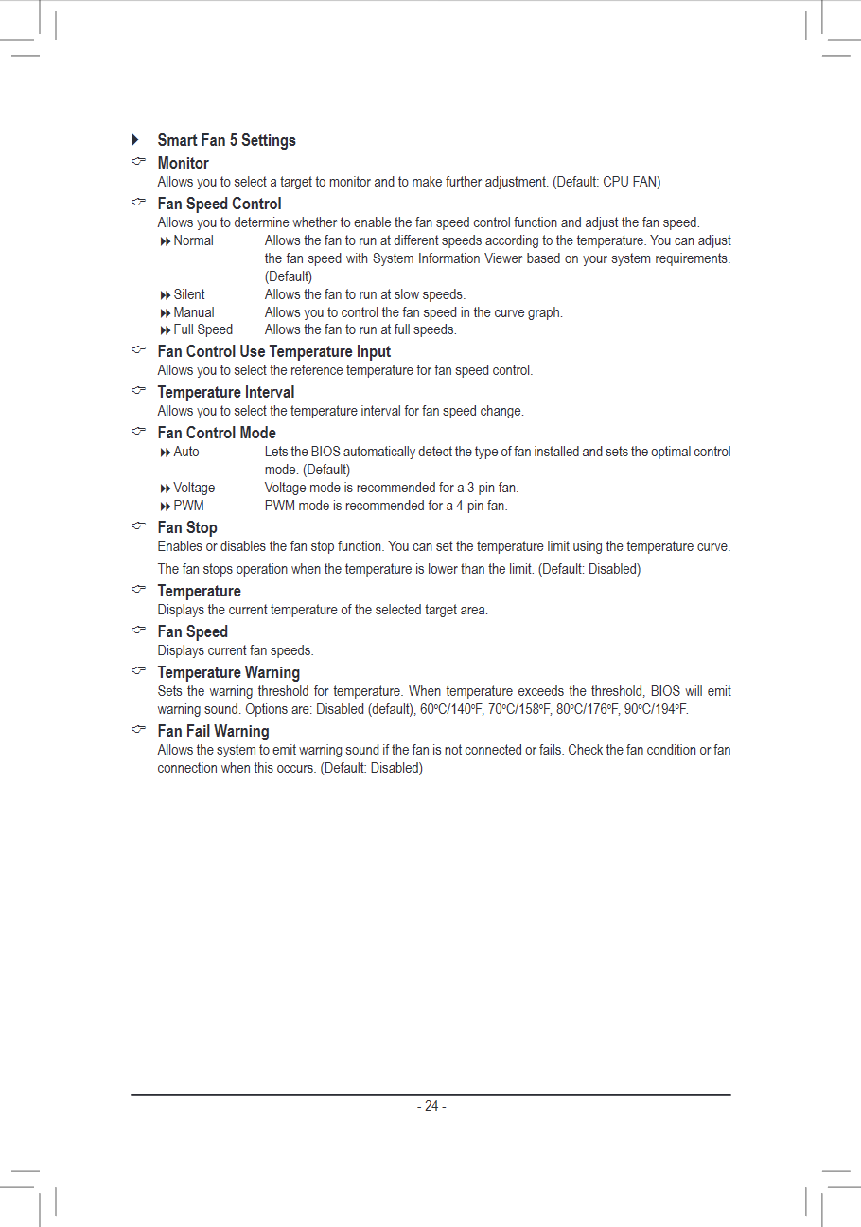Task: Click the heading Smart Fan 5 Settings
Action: [x=226, y=140]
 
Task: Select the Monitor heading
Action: [x=183, y=163]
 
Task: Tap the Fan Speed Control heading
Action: [x=219, y=204]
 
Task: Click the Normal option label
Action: [x=193, y=240]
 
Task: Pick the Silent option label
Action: [x=188, y=294]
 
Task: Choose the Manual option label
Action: [x=193, y=312]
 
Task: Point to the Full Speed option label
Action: [x=202, y=329]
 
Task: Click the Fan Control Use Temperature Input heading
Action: [x=273, y=351]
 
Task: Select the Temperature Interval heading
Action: [x=225, y=392]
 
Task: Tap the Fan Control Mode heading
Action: [x=217, y=433]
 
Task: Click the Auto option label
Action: [x=185, y=452]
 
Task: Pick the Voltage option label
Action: [x=194, y=488]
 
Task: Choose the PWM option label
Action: [x=188, y=506]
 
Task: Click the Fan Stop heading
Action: [x=187, y=527]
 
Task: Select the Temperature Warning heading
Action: [x=228, y=672]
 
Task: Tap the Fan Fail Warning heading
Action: [x=213, y=731]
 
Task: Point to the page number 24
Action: [x=431, y=1106]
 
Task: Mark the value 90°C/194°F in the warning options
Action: [x=655, y=709]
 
